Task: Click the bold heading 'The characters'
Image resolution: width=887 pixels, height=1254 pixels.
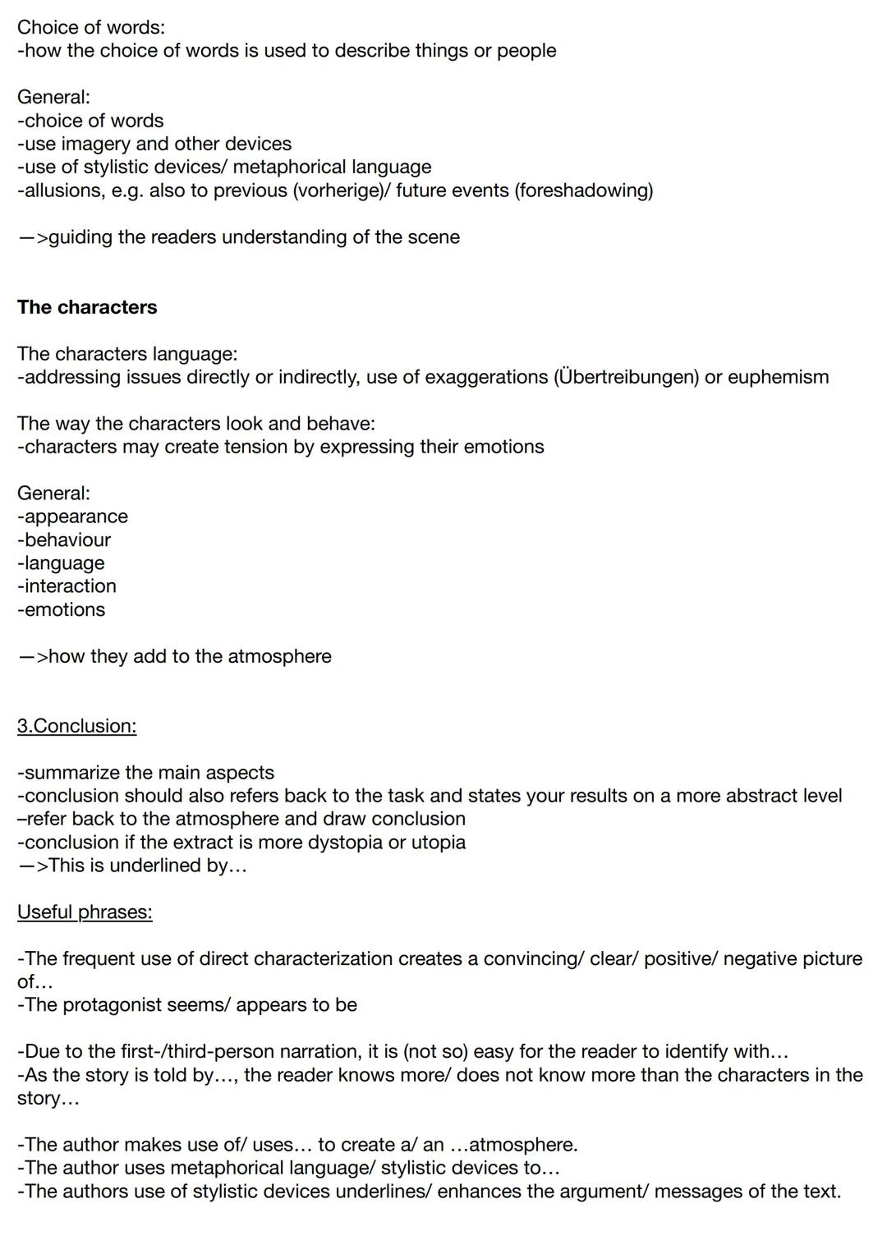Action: coord(87,307)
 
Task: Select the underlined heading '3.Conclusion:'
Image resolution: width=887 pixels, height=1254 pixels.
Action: coord(76,726)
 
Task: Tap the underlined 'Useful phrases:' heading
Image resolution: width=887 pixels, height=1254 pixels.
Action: coord(85,912)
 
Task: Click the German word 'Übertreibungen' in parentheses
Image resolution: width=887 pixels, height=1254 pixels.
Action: coord(627,377)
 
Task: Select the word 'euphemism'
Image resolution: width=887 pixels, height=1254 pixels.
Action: coord(779,377)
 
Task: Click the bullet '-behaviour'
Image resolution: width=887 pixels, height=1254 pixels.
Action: coord(64,540)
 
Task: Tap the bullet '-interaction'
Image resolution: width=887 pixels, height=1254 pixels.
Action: coord(67,586)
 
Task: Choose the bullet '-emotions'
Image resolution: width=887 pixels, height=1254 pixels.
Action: coord(62,609)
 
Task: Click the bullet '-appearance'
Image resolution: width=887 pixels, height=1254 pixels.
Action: coord(73,517)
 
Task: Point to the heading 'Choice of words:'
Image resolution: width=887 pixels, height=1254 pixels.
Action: coord(90,27)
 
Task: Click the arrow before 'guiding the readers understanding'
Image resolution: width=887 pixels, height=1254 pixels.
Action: coord(32,237)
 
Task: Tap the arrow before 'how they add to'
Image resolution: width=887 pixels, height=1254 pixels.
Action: coord(32,657)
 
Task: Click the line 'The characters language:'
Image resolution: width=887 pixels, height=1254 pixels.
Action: coord(127,354)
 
